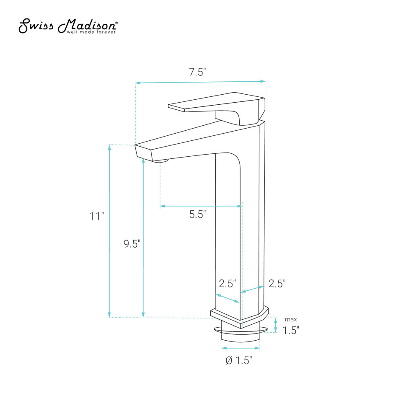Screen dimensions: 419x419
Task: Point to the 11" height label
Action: coord(96,217)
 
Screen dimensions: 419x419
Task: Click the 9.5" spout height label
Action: coord(132,244)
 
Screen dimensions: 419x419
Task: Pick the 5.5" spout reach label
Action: coord(198,215)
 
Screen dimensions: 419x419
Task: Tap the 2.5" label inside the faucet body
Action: coord(228,284)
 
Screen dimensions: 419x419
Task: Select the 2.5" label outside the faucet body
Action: coord(277,284)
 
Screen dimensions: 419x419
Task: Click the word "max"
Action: coord(290,320)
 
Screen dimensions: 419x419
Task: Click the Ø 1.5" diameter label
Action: coord(239,360)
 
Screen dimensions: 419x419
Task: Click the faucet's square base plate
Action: coord(239,318)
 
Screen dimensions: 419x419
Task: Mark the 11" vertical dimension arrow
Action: coord(110,230)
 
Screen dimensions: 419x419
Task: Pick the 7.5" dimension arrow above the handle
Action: coord(200,82)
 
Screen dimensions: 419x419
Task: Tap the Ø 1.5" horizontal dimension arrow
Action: coord(240,348)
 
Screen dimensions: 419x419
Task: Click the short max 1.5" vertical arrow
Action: coord(276,325)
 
